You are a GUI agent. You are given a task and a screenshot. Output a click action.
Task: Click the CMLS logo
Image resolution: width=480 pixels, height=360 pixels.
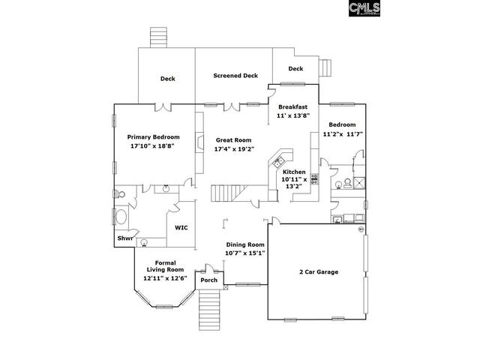coord(365,8)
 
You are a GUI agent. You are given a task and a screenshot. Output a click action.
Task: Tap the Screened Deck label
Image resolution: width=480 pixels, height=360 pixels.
coord(235,76)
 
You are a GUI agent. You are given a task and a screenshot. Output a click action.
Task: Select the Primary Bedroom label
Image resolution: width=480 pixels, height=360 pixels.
coord(153,137)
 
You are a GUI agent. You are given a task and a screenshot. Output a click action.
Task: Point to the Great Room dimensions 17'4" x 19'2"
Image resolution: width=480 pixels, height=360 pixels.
coord(234,149)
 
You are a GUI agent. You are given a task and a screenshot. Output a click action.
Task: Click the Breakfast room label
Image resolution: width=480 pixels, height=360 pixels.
coord(292,107)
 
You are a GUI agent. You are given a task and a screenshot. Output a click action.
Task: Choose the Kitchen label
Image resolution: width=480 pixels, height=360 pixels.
coord(294,172)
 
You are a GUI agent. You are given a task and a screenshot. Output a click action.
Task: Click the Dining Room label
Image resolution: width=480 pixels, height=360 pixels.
coord(245,244)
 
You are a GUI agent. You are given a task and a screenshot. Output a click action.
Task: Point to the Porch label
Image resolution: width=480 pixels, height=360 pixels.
coord(208,280)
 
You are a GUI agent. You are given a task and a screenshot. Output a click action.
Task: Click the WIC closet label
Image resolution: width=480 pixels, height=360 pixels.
coord(181,226)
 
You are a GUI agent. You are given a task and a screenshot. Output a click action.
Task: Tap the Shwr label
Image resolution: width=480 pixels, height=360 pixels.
coord(124,238)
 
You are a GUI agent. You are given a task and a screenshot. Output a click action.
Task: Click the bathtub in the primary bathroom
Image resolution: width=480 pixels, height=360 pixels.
coord(121,219)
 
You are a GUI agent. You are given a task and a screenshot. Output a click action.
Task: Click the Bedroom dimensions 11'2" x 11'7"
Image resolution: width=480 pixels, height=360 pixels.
coord(343,134)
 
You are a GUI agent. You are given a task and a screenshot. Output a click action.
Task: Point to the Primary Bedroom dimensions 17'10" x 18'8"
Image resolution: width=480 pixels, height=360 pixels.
coord(152,147)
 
